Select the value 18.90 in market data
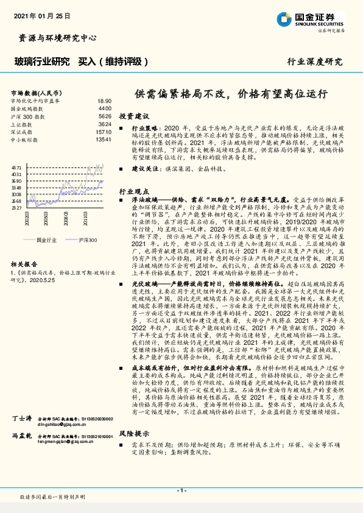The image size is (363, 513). pyautogui.click(x=104, y=101)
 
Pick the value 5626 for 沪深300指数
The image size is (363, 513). pyautogui.click(x=105, y=115)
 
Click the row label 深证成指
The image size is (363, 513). pyautogui.click(x=23, y=131)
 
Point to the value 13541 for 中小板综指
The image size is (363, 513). pyautogui.click(x=104, y=139)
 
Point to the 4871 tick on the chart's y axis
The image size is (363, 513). pyautogui.click(x=17, y=166)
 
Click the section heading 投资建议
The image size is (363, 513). pyautogui.click(x=133, y=116)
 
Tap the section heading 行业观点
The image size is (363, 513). pyautogui.click(x=133, y=191)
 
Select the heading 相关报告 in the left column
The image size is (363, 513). pyautogui.click(x=24, y=264)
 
